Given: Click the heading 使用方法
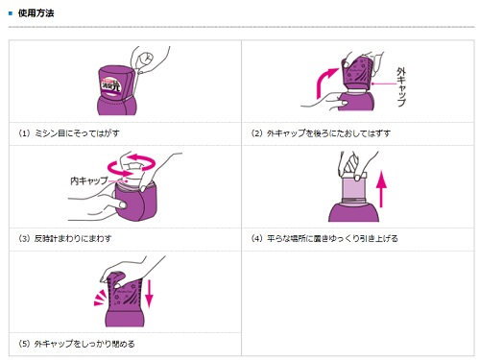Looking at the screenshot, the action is coord(36,13).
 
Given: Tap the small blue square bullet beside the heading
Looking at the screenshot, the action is coord(11,13).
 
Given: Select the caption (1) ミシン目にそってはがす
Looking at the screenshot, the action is coord(69,133).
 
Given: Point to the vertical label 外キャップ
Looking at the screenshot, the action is coord(401,86).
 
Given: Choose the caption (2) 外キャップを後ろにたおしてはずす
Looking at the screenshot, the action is coord(321,133).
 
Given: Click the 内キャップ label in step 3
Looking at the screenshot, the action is coord(89,180).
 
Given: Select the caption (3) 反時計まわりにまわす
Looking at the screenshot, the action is coord(65,238).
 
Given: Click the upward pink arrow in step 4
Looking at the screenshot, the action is coord(381,189).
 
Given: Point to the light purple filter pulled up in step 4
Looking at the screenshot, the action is coord(354,189).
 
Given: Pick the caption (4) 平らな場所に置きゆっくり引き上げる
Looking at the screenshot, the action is coord(324,238).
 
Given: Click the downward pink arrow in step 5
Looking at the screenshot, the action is coord(149,294).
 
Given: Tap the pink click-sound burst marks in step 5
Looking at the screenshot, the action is coord(100,298).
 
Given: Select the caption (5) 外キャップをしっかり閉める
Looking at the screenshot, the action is coord(77,344).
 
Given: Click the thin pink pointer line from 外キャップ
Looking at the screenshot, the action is coord(384,84).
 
